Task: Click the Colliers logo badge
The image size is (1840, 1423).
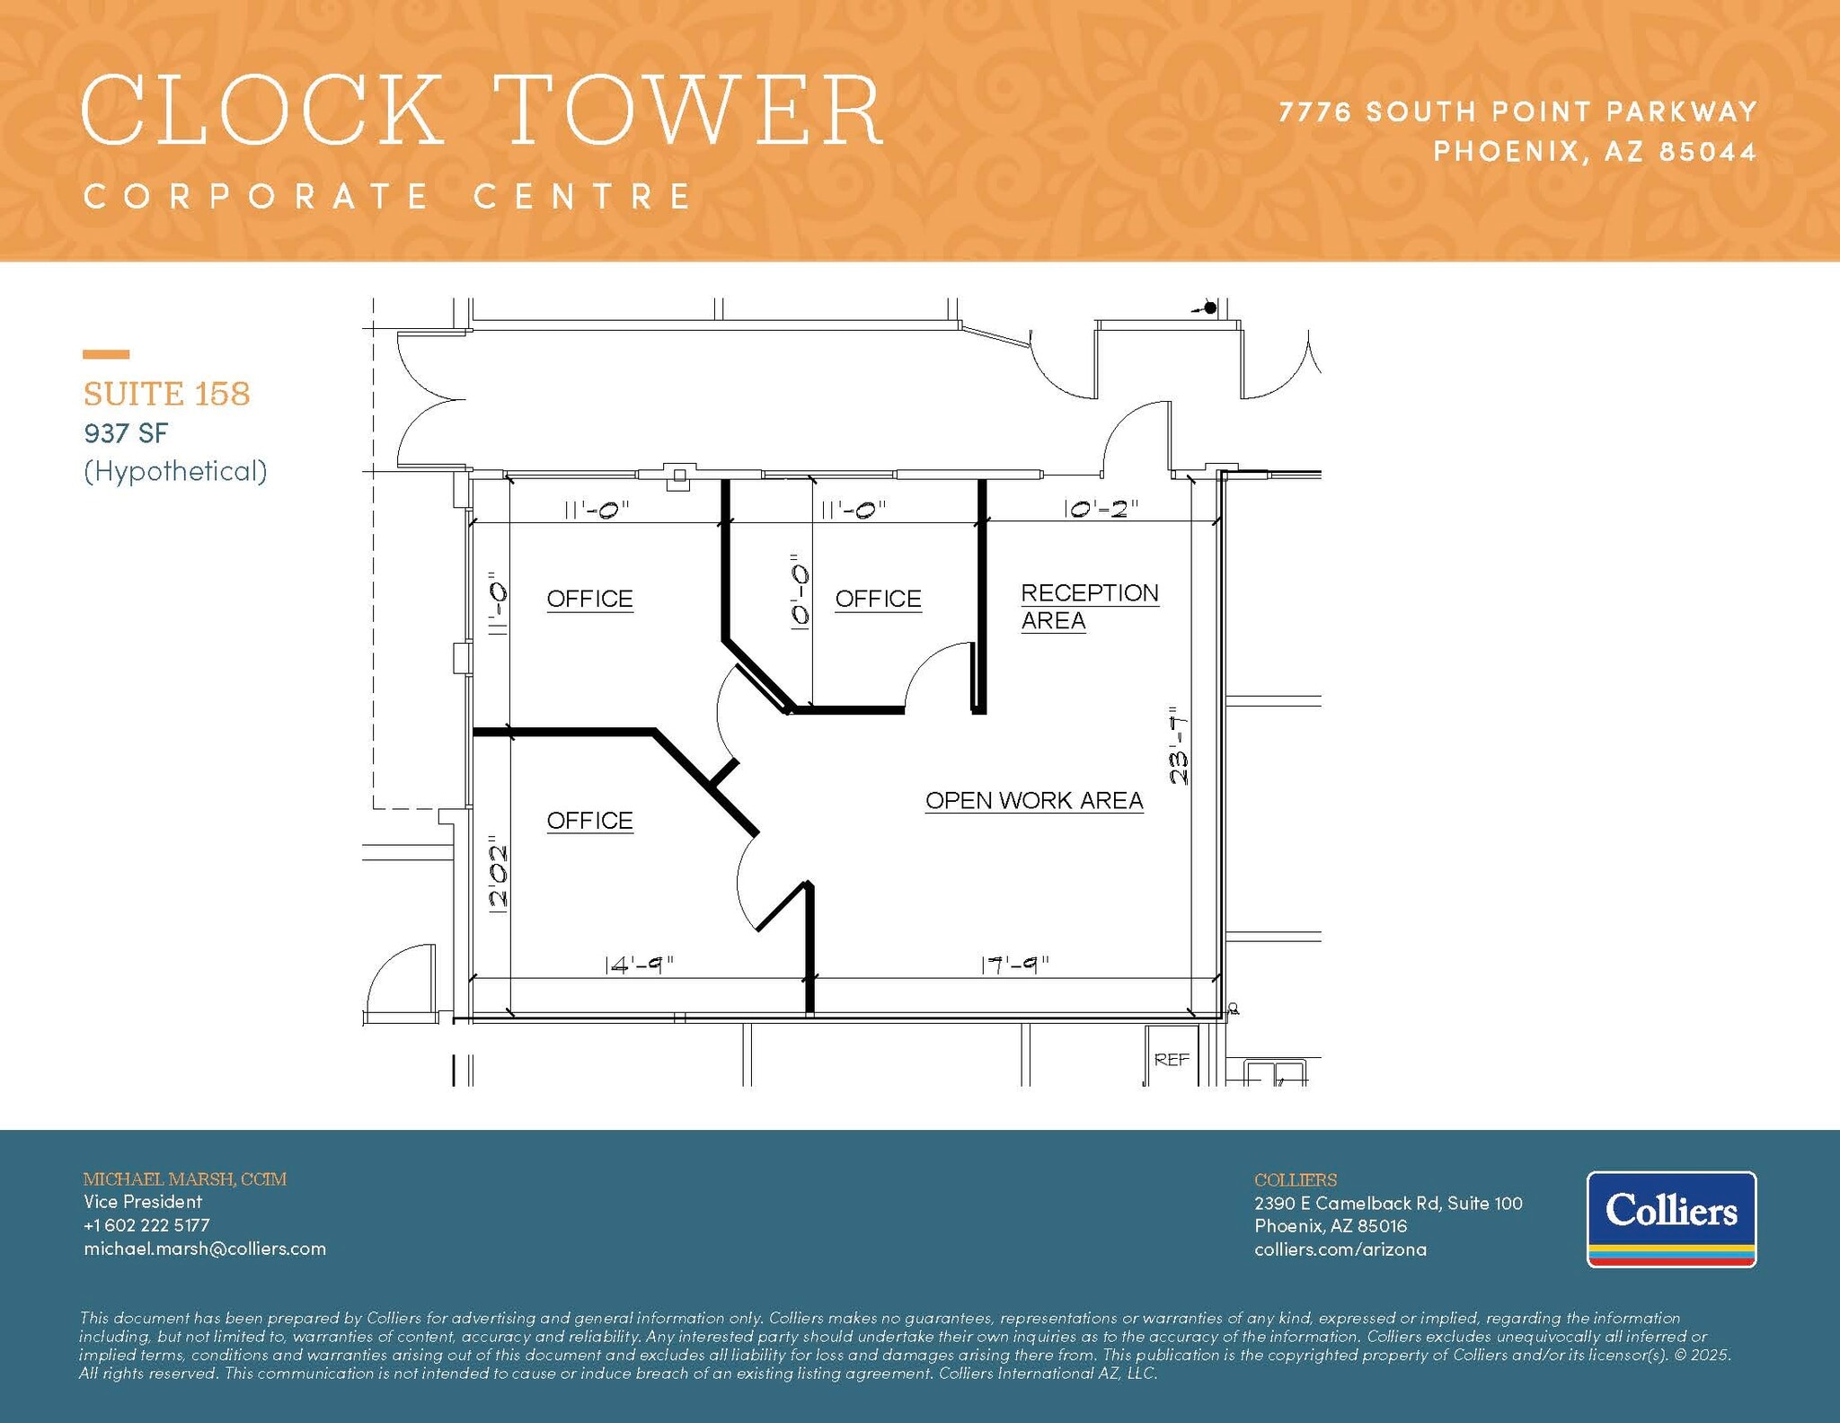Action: [1671, 1218]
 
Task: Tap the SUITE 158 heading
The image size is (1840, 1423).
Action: [166, 394]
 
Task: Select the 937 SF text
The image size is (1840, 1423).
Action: [126, 433]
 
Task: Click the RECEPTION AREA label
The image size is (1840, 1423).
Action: [1089, 607]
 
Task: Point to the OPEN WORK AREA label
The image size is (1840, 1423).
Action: [1033, 800]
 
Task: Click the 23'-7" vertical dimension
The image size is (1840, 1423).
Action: [1179, 746]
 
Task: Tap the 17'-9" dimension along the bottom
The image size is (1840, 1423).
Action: [1014, 965]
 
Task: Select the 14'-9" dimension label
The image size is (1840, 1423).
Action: [639, 965]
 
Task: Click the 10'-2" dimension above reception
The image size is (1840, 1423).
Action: [1101, 509]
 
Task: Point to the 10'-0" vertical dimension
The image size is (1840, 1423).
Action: [800, 597]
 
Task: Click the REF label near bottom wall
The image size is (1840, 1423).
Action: [1172, 1060]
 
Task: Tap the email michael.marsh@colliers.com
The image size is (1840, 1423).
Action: [205, 1249]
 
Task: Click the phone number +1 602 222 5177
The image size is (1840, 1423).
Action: [146, 1225]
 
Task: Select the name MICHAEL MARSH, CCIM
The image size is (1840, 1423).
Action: [185, 1178]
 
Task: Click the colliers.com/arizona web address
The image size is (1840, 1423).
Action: [1340, 1250]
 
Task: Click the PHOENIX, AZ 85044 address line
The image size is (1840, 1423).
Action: [1594, 151]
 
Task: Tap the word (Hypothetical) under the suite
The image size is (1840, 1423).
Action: [175, 471]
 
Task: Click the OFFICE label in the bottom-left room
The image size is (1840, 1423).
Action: [589, 820]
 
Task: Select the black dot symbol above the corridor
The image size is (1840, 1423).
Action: [1210, 307]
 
